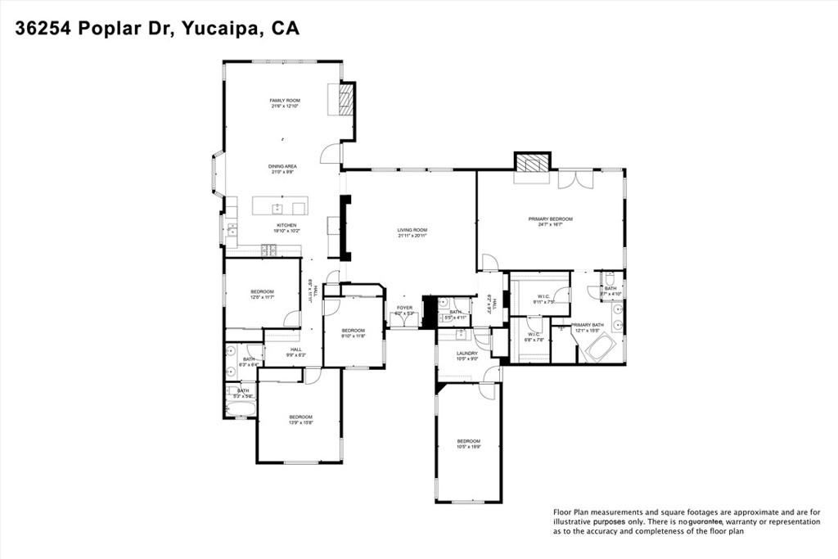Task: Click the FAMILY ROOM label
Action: (285, 101)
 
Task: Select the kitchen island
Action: (279, 205)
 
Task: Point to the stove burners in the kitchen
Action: (269, 249)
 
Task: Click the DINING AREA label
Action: (282, 166)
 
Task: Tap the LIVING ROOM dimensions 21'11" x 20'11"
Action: (412, 237)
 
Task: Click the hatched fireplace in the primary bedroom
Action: (532, 162)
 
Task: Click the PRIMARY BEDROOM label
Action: (550, 219)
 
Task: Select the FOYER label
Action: (405, 308)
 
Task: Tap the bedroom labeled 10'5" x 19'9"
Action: (468, 442)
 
